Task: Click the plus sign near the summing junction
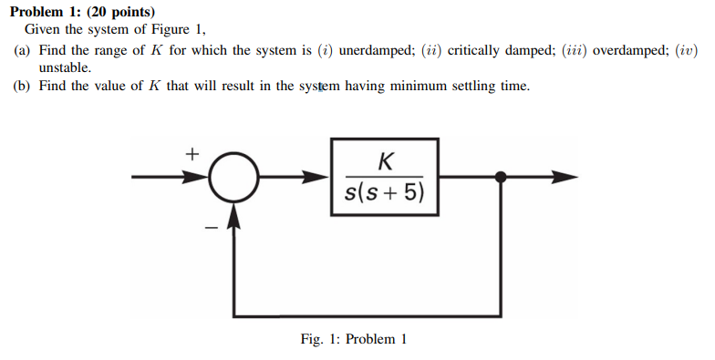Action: (192, 154)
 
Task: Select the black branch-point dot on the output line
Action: (500, 178)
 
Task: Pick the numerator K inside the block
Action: (385, 161)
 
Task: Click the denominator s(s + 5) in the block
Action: (385, 194)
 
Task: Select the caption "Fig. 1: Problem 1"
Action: (354, 339)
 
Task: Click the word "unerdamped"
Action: (378, 51)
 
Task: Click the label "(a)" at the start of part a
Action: (23, 51)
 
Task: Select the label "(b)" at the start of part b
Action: (23, 87)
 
